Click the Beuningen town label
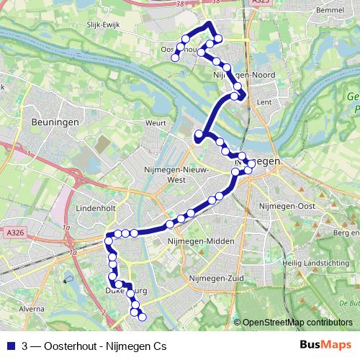(x=50, y=123)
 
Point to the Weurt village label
(x=156, y=123)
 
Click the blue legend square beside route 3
(x=9, y=345)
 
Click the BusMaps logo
(x=326, y=345)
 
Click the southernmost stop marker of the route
(x=142, y=317)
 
